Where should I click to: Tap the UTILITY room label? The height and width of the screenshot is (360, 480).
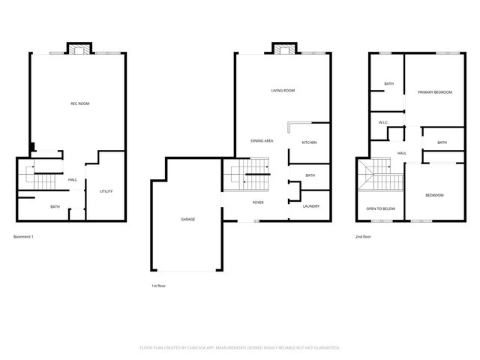tap(106, 191)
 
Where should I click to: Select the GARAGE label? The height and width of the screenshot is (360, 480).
tap(187, 219)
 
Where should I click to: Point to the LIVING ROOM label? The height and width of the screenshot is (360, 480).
tap(283, 90)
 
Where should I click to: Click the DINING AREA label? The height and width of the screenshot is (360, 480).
tap(262, 141)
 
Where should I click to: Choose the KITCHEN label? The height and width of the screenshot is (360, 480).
tap(309, 142)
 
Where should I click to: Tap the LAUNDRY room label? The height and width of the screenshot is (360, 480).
tap(311, 206)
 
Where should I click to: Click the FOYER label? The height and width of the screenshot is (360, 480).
tap(258, 202)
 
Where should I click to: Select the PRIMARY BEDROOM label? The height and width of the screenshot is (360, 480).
tap(436, 92)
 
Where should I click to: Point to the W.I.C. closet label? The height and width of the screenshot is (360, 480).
tap(382, 122)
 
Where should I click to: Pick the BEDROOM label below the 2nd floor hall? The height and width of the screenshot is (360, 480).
tap(434, 195)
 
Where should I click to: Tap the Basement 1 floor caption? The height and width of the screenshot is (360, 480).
tap(24, 237)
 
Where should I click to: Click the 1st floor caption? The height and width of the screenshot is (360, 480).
tap(159, 286)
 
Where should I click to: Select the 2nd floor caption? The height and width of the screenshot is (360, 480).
tap(363, 237)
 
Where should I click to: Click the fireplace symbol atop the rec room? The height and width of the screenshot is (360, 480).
tap(78, 50)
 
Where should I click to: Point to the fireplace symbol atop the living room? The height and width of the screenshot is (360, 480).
tap(282, 50)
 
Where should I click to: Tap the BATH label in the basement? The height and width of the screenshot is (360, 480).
tap(55, 207)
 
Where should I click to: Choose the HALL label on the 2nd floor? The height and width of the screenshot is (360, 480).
tap(402, 153)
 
